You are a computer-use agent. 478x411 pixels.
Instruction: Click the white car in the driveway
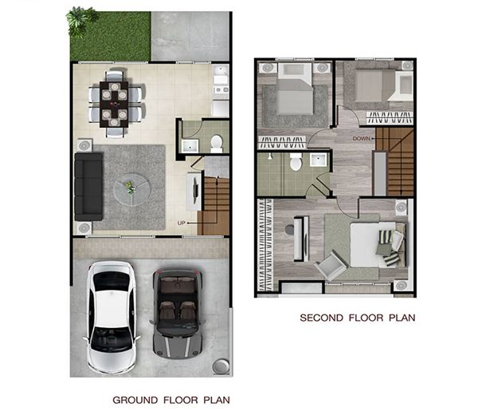[x=111, y=317]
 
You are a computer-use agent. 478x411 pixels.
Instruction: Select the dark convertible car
[x=178, y=313]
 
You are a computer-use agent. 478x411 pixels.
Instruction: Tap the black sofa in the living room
[x=88, y=187]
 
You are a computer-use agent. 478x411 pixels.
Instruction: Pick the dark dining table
[x=114, y=104]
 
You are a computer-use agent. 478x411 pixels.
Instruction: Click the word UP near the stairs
[x=181, y=223]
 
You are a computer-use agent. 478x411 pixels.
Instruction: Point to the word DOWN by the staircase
[x=361, y=139]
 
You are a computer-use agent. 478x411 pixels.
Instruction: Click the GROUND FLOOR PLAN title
[x=171, y=400]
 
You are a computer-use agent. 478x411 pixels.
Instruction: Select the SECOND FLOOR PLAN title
[x=358, y=318]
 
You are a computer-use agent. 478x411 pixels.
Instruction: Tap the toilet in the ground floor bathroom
[x=217, y=144]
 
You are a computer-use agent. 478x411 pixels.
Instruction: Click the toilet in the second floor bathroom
[x=296, y=162]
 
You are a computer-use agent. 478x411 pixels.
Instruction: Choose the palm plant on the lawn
[x=80, y=20]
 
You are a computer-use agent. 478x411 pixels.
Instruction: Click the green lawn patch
[x=111, y=37]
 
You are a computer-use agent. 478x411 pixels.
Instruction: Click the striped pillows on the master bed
[x=388, y=247]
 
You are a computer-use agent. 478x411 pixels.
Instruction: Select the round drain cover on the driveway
[x=221, y=366]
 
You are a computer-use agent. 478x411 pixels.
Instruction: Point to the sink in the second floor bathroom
[x=319, y=160]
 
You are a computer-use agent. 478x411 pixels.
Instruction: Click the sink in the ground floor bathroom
[x=190, y=146]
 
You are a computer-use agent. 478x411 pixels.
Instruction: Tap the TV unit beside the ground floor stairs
[x=194, y=192]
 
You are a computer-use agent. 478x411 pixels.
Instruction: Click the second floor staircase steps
[x=395, y=161]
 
